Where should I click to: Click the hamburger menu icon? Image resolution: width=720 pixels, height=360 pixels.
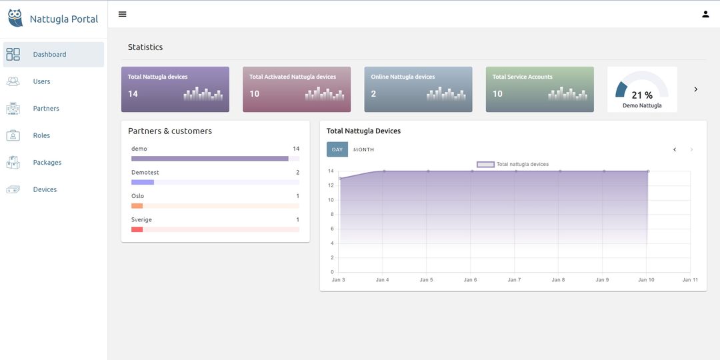pyautogui.click(x=122, y=14)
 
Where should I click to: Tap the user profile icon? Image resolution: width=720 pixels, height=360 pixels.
pyautogui.click(x=705, y=14)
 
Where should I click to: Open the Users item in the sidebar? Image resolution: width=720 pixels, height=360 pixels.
pyautogui.click(x=41, y=81)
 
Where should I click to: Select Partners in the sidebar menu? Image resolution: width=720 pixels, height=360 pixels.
pyautogui.click(x=46, y=109)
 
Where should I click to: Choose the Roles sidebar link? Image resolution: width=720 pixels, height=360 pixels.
pyautogui.click(x=41, y=135)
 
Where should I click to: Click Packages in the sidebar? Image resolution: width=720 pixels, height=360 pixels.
pyautogui.click(x=47, y=163)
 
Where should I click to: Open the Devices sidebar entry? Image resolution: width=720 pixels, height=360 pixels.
pyautogui.click(x=45, y=189)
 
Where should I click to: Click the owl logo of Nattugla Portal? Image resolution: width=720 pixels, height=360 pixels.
pyautogui.click(x=15, y=18)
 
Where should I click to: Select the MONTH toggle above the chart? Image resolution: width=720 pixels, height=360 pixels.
pyautogui.click(x=363, y=149)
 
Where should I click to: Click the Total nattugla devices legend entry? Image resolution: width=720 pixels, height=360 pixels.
pyautogui.click(x=513, y=164)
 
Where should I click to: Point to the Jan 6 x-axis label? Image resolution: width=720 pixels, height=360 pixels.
pyautogui.click(x=470, y=280)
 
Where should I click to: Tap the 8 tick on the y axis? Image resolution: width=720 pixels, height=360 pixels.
pyautogui.click(x=332, y=214)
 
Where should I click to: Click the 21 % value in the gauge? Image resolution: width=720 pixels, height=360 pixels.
pyautogui.click(x=642, y=95)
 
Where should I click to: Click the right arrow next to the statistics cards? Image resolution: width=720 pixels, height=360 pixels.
pyautogui.click(x=696, y=89)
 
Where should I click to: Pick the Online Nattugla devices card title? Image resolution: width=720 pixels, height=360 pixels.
pyautogui.click(x=403, y=77)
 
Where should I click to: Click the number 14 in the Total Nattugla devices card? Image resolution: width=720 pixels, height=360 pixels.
pyautogui.click(x=133, y=94)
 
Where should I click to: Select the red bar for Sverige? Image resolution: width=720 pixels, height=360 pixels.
pyautogui.click(x=137, y=229)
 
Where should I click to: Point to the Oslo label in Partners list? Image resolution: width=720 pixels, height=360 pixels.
pyautogui.click(x=137, y=196)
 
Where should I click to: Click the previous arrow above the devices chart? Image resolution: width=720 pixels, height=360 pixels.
pyautogui.click(x=675, y=149)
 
